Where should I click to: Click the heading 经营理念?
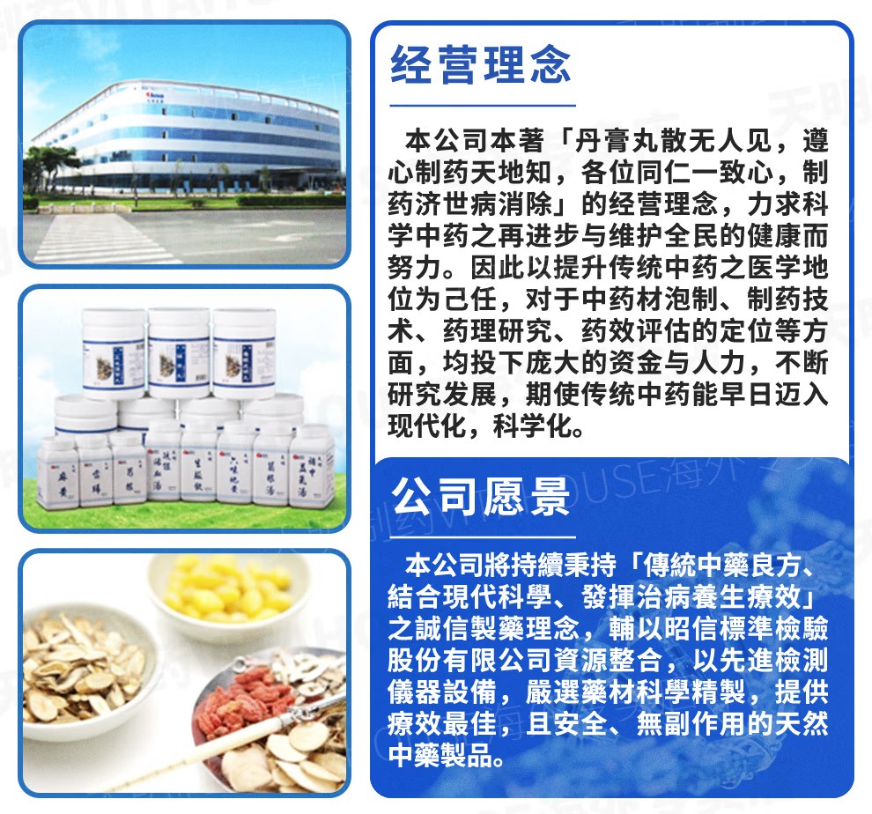pyautogui.click(x=481, y=64)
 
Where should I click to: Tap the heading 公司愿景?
pyautogui.click(x=481, y=497)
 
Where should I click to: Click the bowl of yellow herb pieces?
pyautogui.click(x=228, y=589)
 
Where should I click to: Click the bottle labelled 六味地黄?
pyautogui.click(x=235, y=464)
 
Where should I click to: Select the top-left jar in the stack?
pyautogui.click(x=114, y=353)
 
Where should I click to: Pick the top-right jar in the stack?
pyautogui.click(x=245, y=353)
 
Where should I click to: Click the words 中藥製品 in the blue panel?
pyautogui.click(x=440, y=755)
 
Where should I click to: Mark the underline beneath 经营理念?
pyautogui.click(x=483, y=105)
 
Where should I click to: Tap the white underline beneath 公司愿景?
pyautogui.click(x=483, y=537)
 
